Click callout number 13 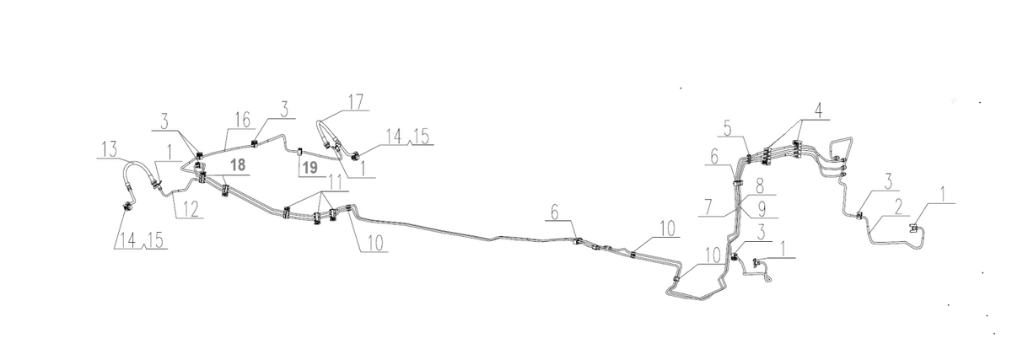coord(109,148)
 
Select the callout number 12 coord(191,209)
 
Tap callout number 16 coord(243,120)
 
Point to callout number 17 coord(356,102)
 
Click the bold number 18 coord(238,165)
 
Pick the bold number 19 coord(310,168)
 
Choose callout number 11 coord(335,183)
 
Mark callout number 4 coord(818,110)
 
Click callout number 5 coord(727,128)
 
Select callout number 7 coord(708,207)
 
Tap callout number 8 coord(760,185)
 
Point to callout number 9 coord(762,209)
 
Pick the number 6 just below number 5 coord(714,157)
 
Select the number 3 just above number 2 coord(888,181)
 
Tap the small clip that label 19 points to coord(299,151)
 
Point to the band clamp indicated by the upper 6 coord(737,183)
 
